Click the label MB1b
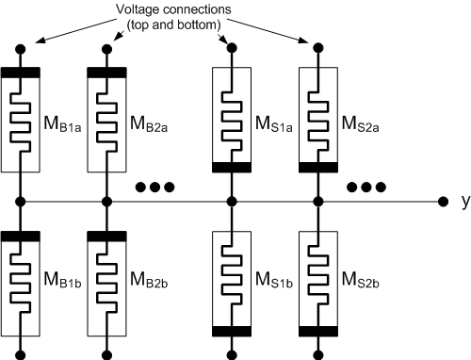pyautogui.click(x=58, y=281)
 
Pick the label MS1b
pyautogui.click(x=272, y=281)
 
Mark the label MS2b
pyautogui.click(x=359, y=281)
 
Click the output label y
pyautogui.click(x=464, y=201)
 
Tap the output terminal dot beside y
pyautogui.click(x=443, y=201)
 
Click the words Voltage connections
pyautogui.click(x=175, y=10)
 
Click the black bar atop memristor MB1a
pyautogui.click(x=19, y=72)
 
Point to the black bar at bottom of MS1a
pyautogui.click(x=232, y=167)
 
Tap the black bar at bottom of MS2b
pyautogui.click(x=318, y=331)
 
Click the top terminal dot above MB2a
pyautogui.click(x=106, y=46)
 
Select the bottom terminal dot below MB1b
pyautogui.click(x=19, y=354)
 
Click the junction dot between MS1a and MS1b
pyautogui.click(x=232, y=201)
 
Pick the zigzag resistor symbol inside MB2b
pyautogui.click(x=106, y=280)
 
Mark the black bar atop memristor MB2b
pyautogui.click(x=106, y=235)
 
